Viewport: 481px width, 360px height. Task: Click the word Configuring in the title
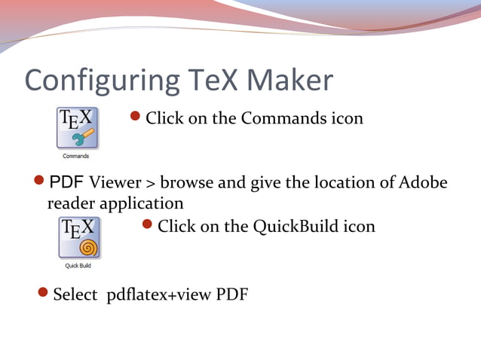[x=93, y=81]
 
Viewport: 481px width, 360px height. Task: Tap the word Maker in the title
[x=289, y=80]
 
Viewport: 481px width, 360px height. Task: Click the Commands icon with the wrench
[x=77, y=128]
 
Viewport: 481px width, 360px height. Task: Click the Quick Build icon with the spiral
[x=78, y=237]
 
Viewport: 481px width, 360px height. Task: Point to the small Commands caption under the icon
[x=77, y=157]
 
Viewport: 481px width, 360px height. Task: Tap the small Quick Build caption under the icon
[x=78, y=265]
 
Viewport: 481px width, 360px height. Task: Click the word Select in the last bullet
[x=75, y=294]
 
